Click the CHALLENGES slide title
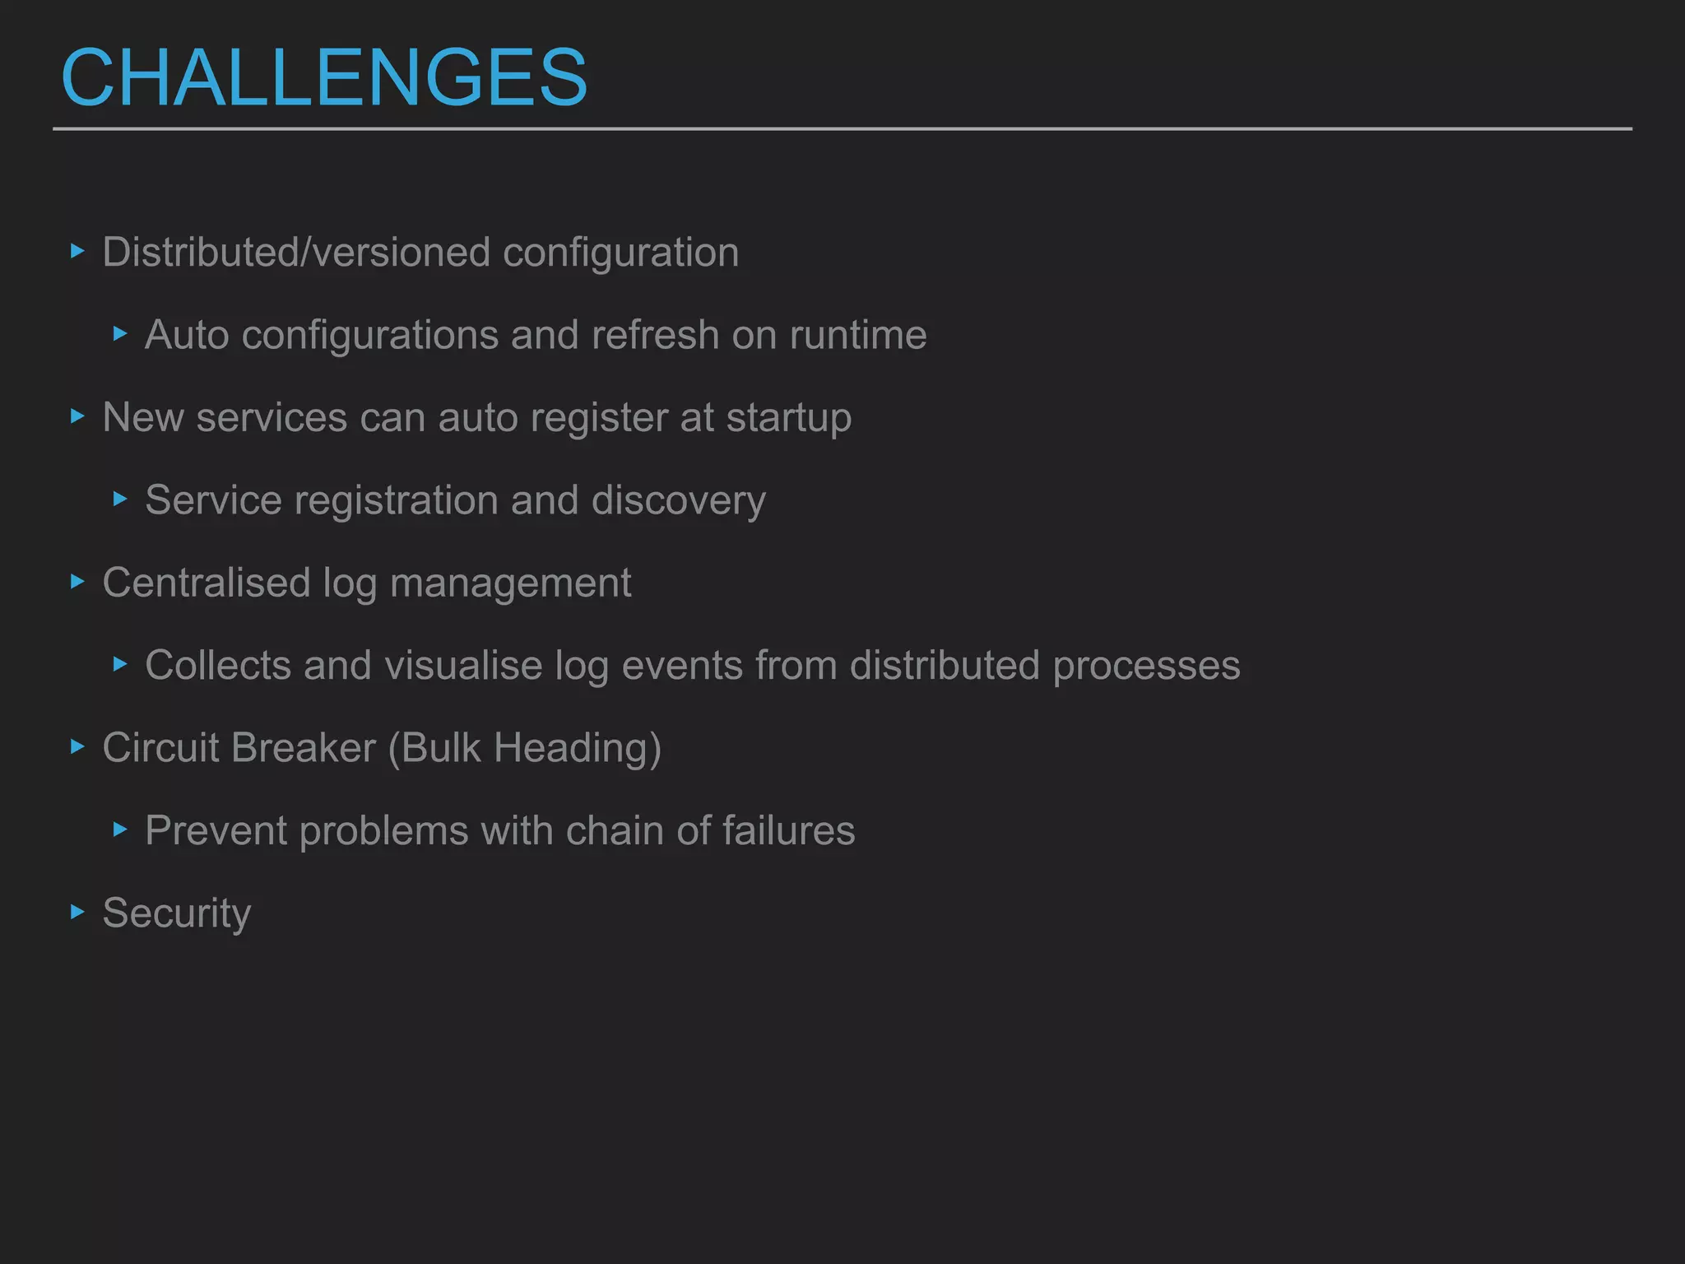(x=324, y=77)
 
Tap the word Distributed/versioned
(x=296, y=252)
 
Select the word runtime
(x=858, y=335)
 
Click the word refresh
(x=655, y=335)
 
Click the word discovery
(x=678, y=500)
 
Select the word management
(x=510, y=583)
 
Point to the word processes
(x=1146, y=666)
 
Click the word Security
(x=177, y=913)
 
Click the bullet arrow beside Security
(x=78, y=911)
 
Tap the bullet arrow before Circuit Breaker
(x=78, y=746)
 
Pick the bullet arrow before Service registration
(x=120, y=499)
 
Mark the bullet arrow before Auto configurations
(x=120, y=333)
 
